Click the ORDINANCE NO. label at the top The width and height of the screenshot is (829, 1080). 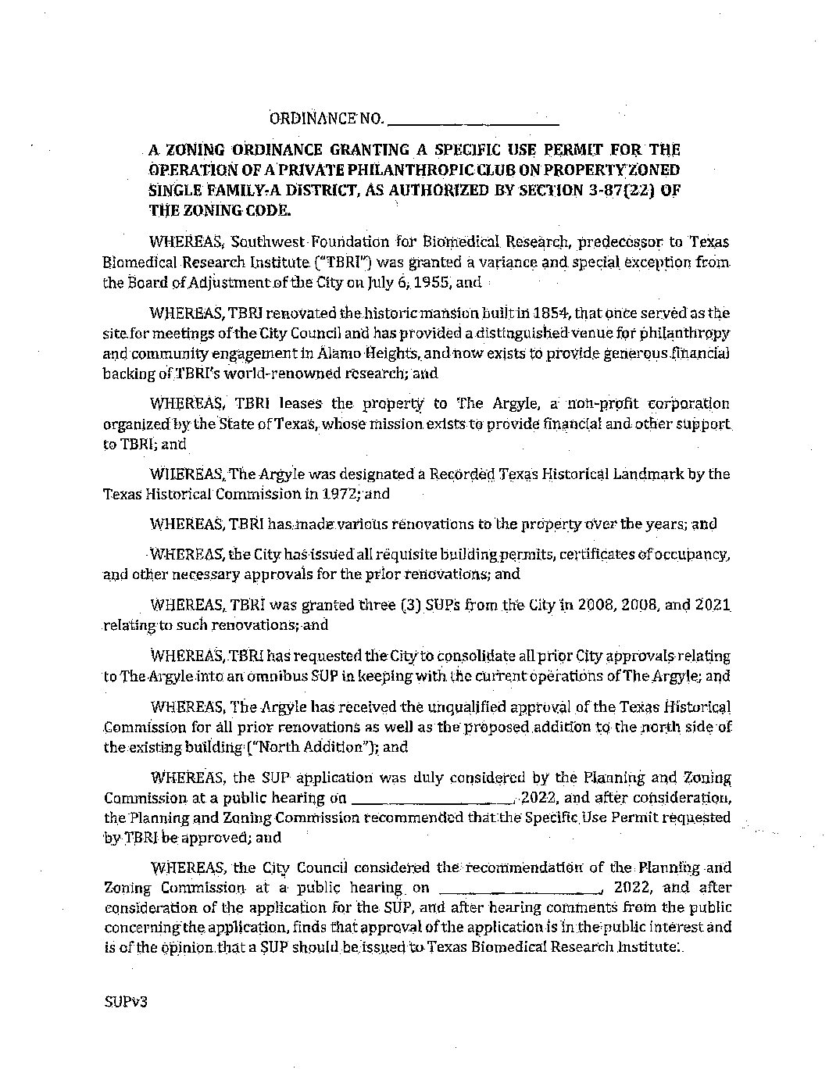pyautogui.click(x=326, y=119)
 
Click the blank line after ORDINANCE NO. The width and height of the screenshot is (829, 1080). pyautogui.click(x=473, y=121)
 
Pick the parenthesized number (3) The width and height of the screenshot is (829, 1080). pyautogui.click(x=410, y=605)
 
